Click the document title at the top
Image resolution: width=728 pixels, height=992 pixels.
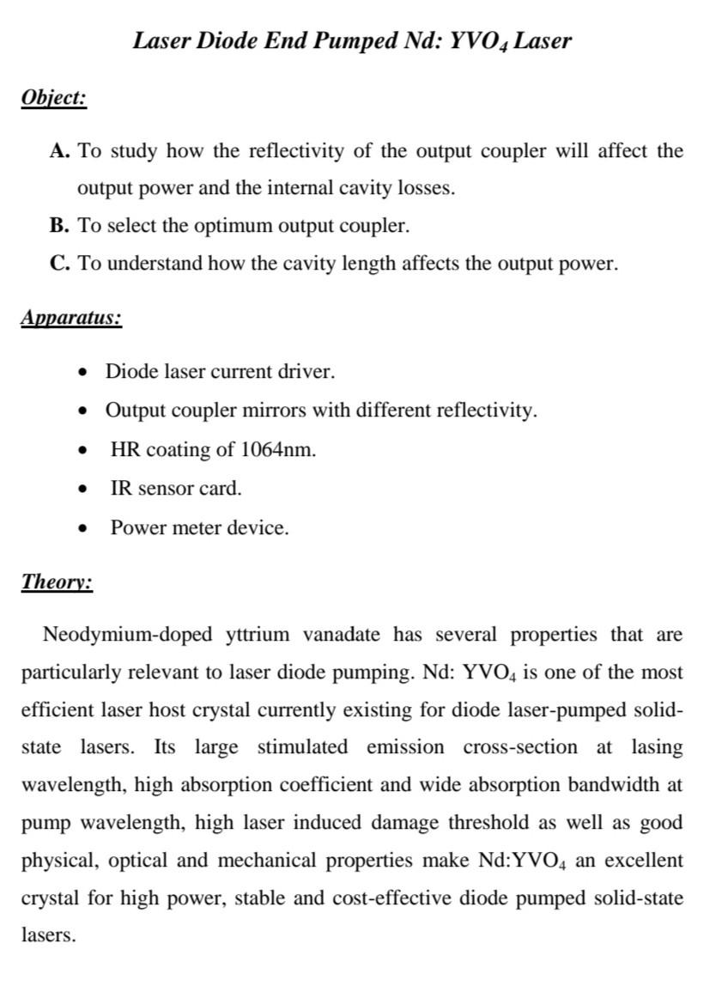coord(352,40)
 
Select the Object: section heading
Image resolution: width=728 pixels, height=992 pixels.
coord(53,98)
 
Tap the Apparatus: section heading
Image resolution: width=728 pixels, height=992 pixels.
coord(71,318)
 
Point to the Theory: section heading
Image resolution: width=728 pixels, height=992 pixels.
coord(57,581)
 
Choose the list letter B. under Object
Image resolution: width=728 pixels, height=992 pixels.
coord(59,226)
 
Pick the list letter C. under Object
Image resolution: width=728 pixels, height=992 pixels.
coord(59,264)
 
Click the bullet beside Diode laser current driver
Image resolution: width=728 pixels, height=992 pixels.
coord(82,373)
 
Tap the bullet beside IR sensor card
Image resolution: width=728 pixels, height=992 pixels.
coord(82,490)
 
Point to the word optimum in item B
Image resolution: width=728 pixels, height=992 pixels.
coord(229,226)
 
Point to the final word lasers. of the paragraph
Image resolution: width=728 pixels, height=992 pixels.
coord(48,935)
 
